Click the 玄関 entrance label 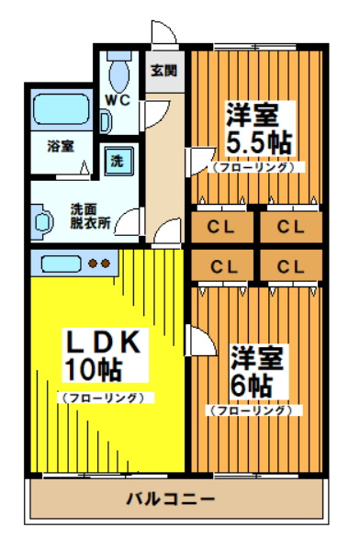tap(164, 71)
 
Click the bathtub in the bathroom tap(58, 112)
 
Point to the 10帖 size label tap(93, 370)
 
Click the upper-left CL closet tap(223, 226)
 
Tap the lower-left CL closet tap(223, 266)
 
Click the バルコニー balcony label tap(170, 499)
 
